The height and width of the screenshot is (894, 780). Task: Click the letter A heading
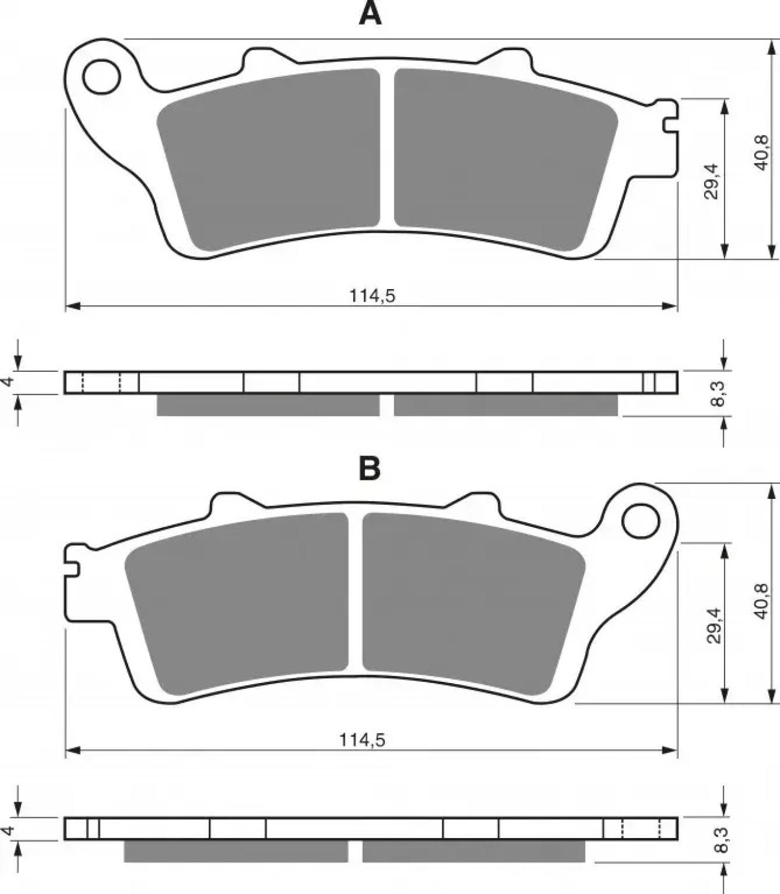[370, 14]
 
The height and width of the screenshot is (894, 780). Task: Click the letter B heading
[370, 469]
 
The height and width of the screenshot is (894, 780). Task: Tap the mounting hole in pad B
[641, 521]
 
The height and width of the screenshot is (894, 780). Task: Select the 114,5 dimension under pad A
[372, 296]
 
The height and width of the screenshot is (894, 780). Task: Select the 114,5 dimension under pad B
[363, 740]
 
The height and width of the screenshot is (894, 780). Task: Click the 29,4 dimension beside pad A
[711, 181]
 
